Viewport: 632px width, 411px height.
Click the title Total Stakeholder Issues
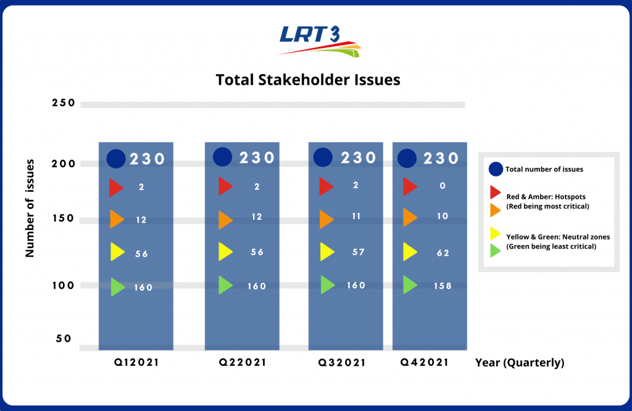(x=308, y=80)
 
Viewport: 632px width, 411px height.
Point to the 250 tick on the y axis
(x=63, y=103)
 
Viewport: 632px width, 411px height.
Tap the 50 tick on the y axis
(x=64, y=339)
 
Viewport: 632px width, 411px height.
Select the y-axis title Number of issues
(x=29, y=208)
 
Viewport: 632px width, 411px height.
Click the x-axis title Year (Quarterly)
(x=520, y=363)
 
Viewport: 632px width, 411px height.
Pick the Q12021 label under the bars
(x=135, y=363)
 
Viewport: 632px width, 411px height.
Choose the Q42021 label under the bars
(x=425, y=363)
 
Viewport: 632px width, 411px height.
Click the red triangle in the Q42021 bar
(x=410, y=186)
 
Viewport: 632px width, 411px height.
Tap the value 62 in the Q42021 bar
(x=443, y=253)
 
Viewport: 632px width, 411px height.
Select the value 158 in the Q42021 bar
(x=443, y=286)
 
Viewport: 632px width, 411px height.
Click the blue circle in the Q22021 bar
(x=223, y=157)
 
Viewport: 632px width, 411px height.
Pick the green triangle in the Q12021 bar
(x=117, y=287)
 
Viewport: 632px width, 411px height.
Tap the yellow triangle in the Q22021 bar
(x=225, y=252)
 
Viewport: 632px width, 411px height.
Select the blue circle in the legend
(x=494, y=169)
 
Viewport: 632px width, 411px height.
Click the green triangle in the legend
(x=494, y=249)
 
